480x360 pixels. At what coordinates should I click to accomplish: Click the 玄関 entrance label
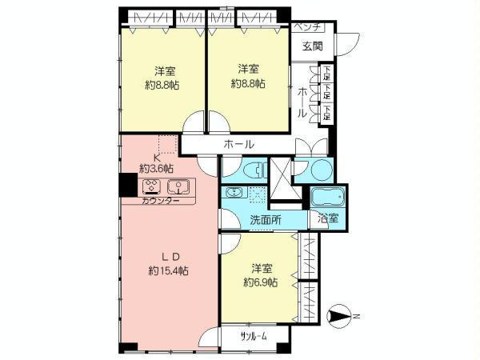point(313,46)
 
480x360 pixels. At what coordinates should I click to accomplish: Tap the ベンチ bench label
point(306,27)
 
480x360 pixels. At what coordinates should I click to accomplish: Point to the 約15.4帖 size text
point(169,271)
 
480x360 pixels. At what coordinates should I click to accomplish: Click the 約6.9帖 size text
point(261,282)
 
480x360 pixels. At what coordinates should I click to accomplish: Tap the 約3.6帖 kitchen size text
point(157,169)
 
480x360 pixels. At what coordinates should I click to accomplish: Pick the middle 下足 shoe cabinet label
point(327,94)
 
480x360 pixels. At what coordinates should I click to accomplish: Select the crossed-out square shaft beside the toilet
point(281,171)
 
